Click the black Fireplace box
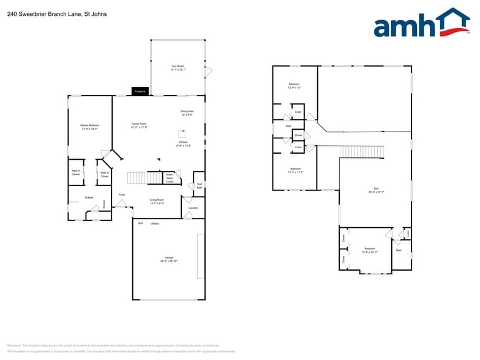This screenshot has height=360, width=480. point(140,91)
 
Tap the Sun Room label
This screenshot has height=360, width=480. point(178,66)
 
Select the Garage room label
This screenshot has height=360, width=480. point(168,258)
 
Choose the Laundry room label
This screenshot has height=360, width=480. point(193,208)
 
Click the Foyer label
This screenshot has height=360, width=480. point(122,195)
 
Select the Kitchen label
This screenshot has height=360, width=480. point(183,142)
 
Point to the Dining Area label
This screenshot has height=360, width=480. point(187,111)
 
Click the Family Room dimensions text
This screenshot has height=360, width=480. point(139,127)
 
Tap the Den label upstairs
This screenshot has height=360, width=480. point(376,189)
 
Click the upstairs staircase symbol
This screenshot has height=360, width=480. point(361,151)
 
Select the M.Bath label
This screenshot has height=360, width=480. point(89,198)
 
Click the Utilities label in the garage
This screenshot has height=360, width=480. point(155,223)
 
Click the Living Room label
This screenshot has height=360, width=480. point(157,200)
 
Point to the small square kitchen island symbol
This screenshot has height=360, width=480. point(181,132)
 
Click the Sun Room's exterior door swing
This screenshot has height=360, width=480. point(208,72)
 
